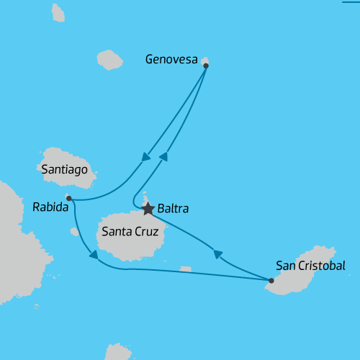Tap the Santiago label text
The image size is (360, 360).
65,170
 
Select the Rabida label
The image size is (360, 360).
50,207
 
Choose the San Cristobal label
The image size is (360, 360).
311,265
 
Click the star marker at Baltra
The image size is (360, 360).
148,209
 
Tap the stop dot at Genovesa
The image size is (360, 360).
206,66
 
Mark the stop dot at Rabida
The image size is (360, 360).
68,198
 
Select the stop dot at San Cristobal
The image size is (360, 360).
271,281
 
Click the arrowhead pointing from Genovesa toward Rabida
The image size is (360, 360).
146,157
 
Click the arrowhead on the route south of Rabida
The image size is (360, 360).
91,254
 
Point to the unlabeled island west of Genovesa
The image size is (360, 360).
110,60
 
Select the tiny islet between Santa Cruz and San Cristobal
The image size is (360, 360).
186,269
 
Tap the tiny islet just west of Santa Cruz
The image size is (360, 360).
74,232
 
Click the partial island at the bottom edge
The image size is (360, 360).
119,352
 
